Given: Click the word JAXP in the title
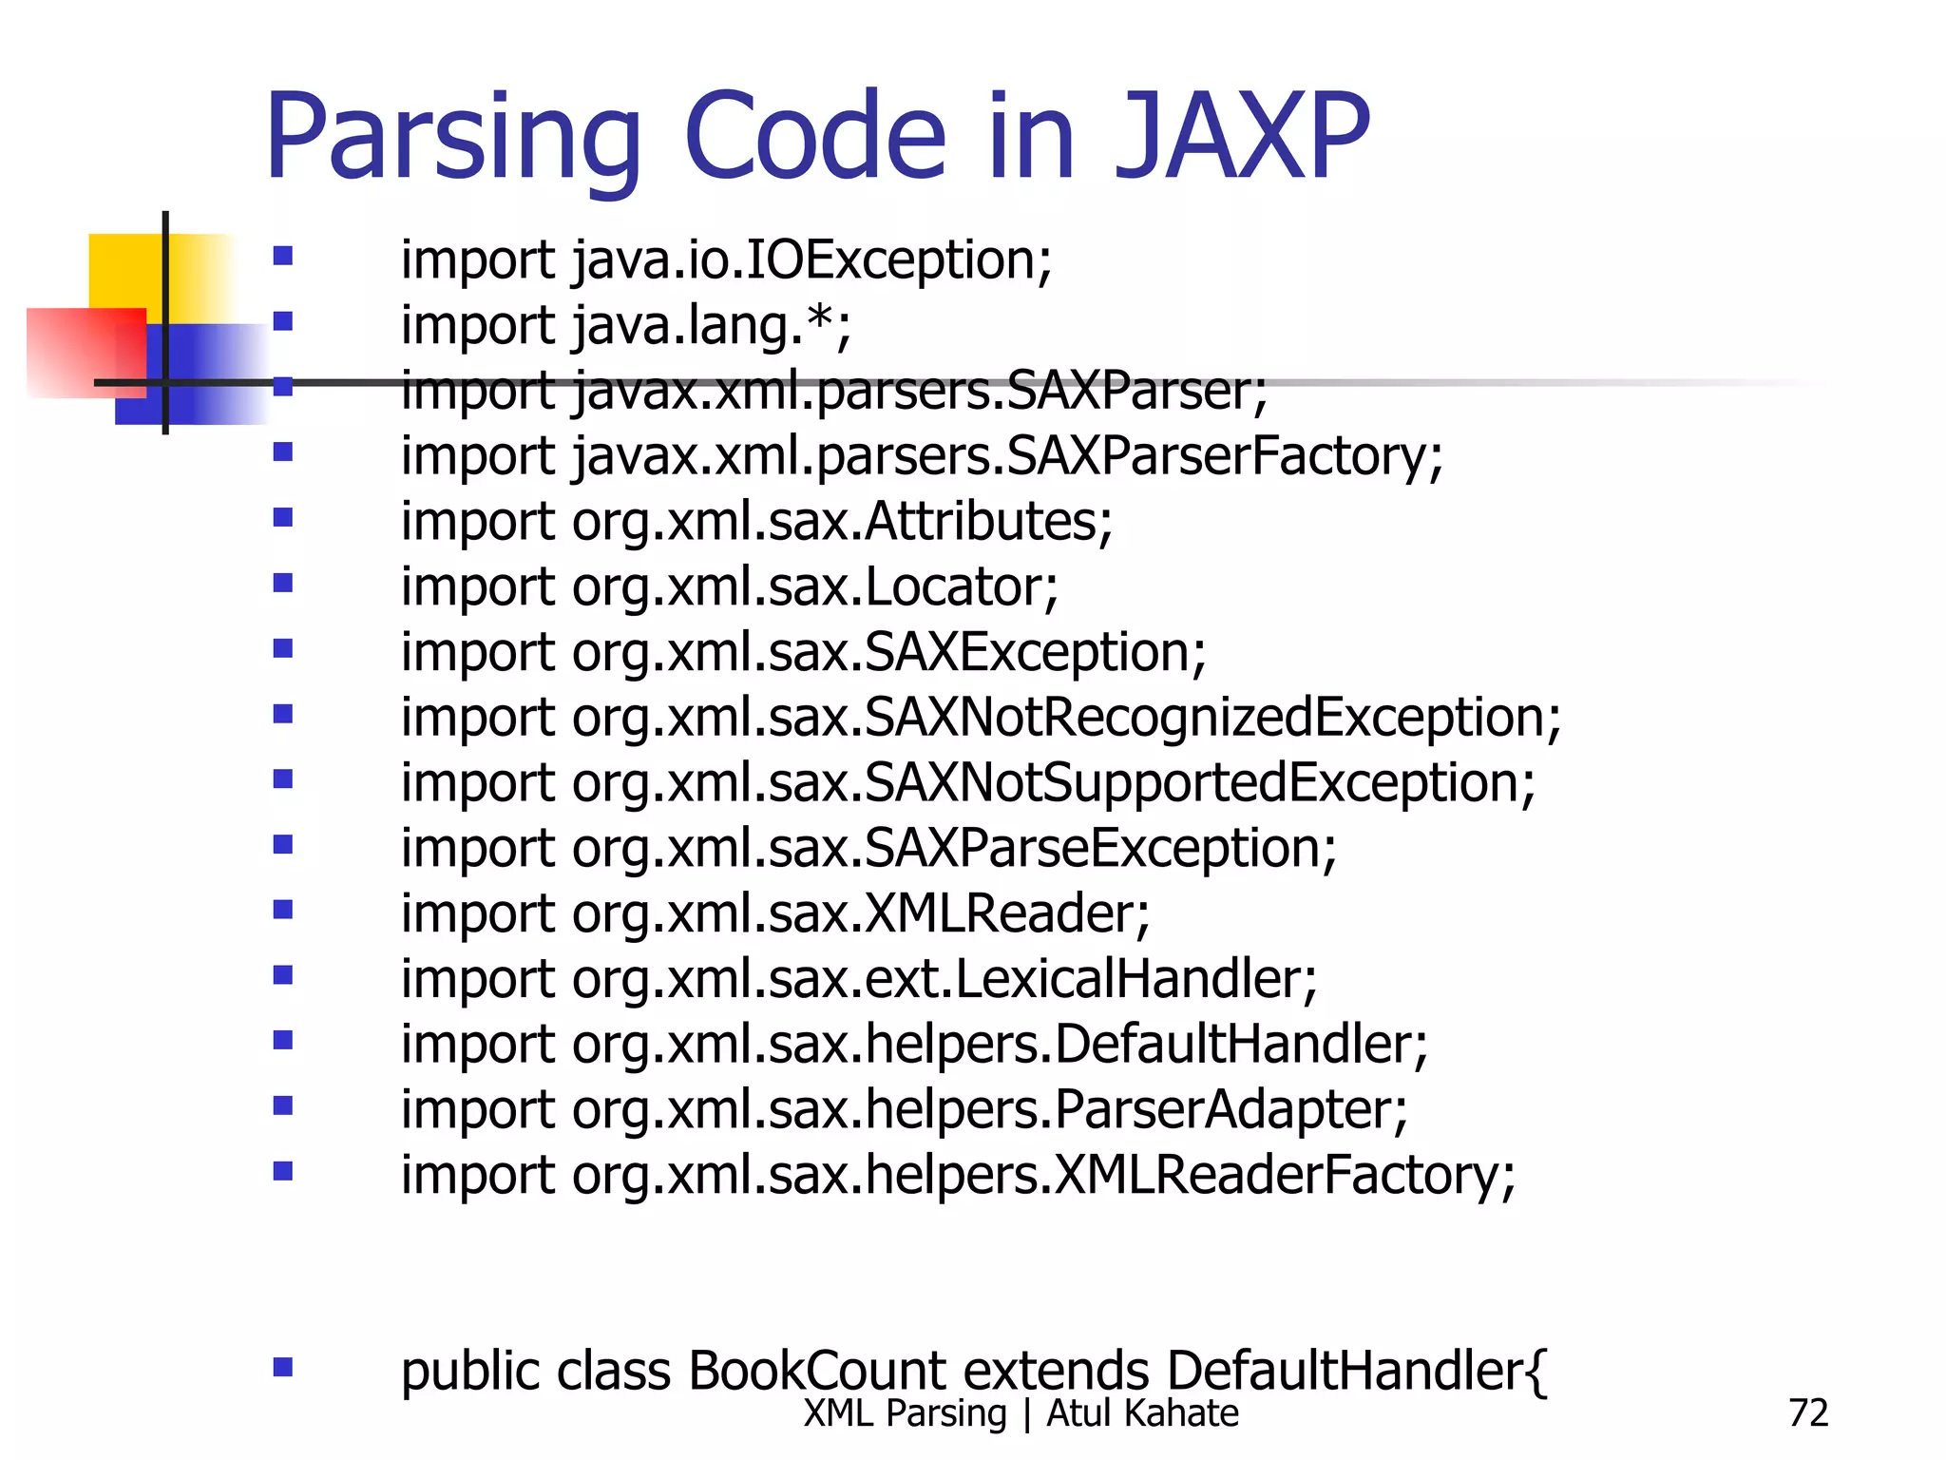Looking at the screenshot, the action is click(1243, 138).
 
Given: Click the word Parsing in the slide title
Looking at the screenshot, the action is click(454, 138).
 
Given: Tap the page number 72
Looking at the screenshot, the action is click(1807, 1413).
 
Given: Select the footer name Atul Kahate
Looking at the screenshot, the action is click(1142, 1413).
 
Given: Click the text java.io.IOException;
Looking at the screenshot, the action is click(812, 260).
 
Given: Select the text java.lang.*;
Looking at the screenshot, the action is click(712, 326).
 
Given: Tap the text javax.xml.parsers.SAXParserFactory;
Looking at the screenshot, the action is click(1007, 456).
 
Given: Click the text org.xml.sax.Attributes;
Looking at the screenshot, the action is click(842, 522).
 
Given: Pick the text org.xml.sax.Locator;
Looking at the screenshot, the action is click(814, 587).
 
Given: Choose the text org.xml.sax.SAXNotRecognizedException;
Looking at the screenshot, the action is click(1066, 718).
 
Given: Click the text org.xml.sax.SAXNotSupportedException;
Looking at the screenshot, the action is click(1053, 783).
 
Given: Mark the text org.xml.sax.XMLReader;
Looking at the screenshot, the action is click(860, 913).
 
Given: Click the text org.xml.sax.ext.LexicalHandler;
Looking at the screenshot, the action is click(944, 979).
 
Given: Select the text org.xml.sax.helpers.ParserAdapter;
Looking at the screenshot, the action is click(989, 1110).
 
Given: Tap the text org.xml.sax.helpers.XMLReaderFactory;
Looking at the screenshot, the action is click(1043, 1176).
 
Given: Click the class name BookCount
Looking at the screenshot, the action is click(817, 1371).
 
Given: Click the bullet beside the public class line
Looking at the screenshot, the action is click(282, 1367).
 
